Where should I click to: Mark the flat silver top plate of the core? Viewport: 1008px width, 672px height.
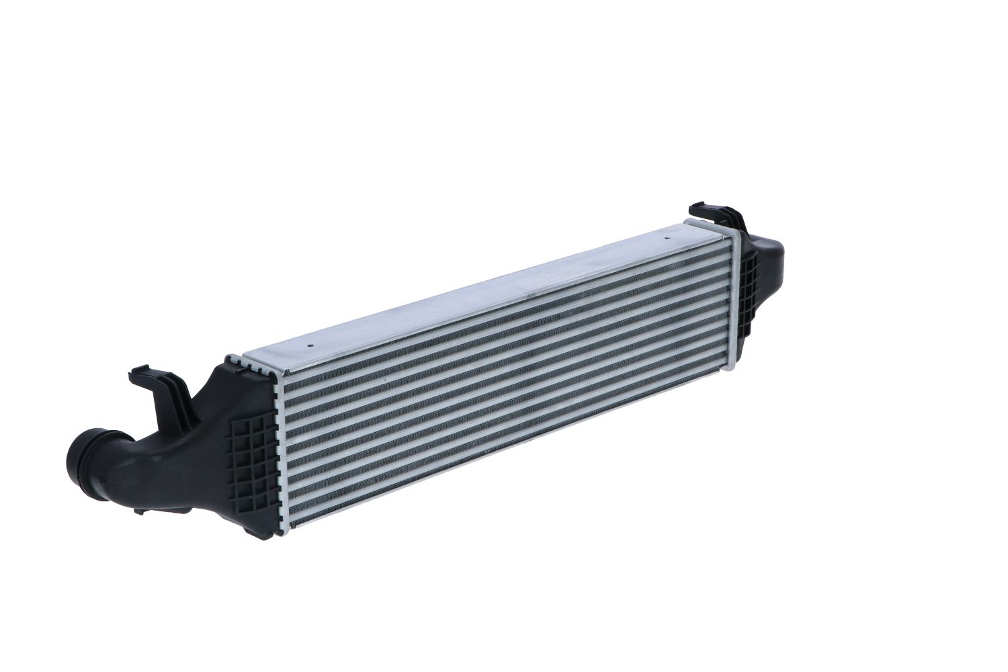coord(470,296)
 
